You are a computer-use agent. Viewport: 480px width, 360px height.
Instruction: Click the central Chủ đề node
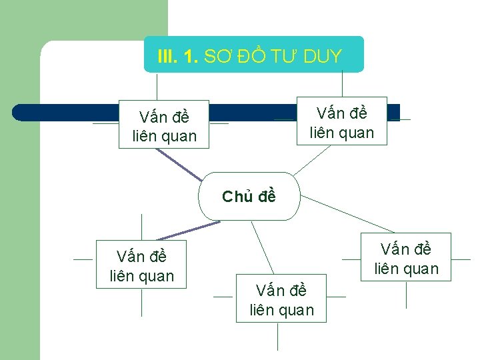click(249, 197)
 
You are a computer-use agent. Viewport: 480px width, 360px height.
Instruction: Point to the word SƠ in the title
click(214, 57)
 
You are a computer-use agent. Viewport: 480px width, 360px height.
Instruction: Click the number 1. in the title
click(191, 57)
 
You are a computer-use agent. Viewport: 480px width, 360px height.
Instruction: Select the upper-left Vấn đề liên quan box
click(164, 127)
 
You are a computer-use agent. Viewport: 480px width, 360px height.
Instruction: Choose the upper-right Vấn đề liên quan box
click(341, 123)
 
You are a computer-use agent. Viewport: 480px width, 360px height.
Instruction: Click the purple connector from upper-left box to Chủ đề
click(178, 164)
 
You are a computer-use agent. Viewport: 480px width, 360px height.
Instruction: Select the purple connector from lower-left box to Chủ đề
click(188, 231)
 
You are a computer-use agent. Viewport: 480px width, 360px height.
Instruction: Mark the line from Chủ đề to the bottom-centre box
click(262, 247)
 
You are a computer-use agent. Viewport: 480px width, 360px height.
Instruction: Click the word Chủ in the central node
click(235, 197)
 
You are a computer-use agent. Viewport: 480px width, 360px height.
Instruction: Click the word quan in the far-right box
click(421, 269)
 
